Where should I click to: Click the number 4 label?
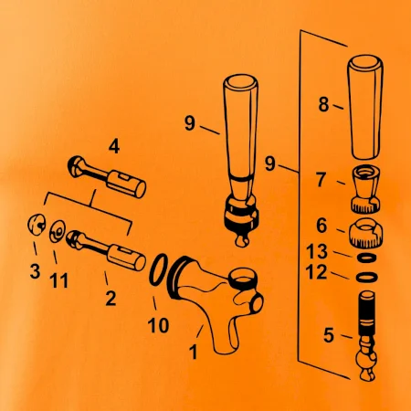pos(114,146)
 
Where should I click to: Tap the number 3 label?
pos(35,271)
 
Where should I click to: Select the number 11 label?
pos(58,280)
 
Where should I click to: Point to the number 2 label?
pos(111,299)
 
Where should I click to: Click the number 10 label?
pos(158,325)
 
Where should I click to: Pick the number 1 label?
pos(194,353)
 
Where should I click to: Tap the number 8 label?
pos(323,104)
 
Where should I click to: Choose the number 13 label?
pos(317,251)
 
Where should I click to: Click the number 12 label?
pos(317,272)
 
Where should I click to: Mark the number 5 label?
pos(329,335)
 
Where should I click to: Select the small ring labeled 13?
pos(366,258)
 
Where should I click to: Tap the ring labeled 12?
pos(367,277)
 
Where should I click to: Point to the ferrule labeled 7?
pos(366,188)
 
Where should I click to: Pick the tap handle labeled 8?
pos(365,107)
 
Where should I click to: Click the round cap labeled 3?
pos(37,225)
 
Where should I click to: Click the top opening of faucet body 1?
pos(243,276)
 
